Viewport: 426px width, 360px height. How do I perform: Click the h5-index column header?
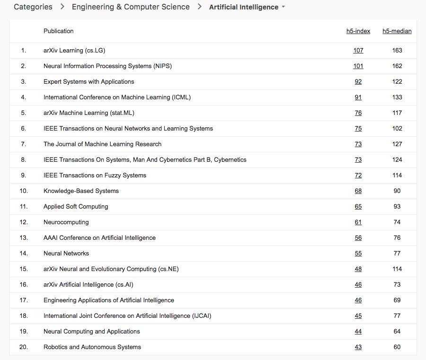358,31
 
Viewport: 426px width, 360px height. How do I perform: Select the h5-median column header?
397,31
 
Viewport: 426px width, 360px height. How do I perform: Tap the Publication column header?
59,31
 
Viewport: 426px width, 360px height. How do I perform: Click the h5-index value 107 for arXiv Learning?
358,51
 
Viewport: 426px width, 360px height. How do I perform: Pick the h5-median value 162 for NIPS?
397,66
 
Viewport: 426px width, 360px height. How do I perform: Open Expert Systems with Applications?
89,82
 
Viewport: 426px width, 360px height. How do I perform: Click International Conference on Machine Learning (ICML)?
117,97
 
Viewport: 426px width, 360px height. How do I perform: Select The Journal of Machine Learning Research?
102,144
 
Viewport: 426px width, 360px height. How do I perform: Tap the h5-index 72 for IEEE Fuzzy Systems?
358,176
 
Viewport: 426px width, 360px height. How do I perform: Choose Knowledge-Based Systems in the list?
81,191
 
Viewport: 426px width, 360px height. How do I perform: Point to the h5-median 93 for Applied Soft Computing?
397,207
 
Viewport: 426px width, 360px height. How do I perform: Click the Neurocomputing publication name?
66,222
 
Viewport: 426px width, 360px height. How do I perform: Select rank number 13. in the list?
24,238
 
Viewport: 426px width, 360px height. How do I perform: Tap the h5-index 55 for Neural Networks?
358,254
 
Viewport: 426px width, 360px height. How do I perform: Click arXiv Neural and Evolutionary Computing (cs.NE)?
111,269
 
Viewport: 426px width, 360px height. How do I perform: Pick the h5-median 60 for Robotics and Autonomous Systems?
397,347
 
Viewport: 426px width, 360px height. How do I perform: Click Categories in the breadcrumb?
33,7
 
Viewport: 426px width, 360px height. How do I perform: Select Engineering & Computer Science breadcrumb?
131,7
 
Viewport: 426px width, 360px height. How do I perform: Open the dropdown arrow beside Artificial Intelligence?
283,7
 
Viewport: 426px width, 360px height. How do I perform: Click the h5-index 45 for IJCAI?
358,316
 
